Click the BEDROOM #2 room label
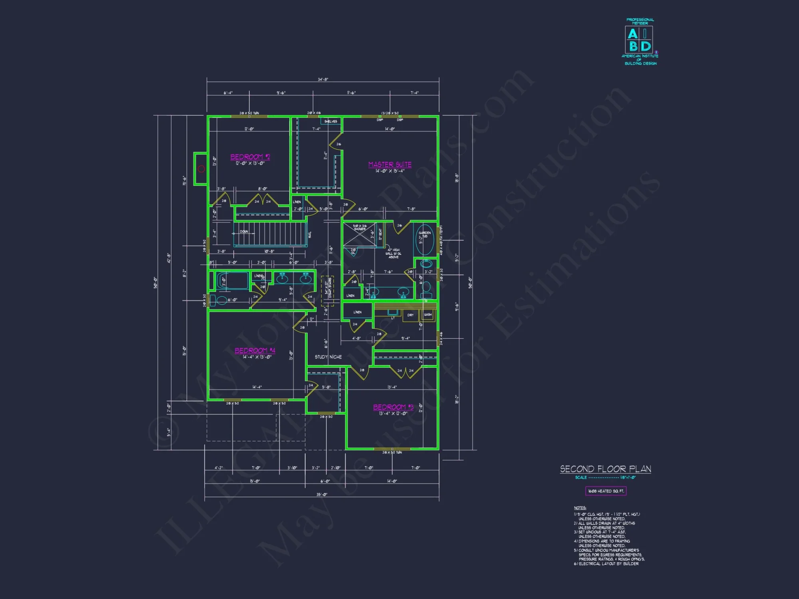pos(250,157)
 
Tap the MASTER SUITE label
pos(390,165)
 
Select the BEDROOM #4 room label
pos(255,351)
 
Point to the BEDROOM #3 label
pos(393,407)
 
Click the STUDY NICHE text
pos(328,357)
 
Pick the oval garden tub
pos(425,240)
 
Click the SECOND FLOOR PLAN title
pos(605,469)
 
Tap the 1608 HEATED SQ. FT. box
pos(606,491)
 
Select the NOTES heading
pos(580,508)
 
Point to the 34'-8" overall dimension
pos(323,79)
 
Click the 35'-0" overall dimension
pos(322,494)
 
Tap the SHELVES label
pos(331,121)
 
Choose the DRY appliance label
pos(410,315)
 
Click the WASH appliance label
pos(427,315)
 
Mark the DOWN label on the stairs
pos(244,232)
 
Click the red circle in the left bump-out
pos(201,169)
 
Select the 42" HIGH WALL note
pos(394,253)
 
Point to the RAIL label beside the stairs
pos(310,234)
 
